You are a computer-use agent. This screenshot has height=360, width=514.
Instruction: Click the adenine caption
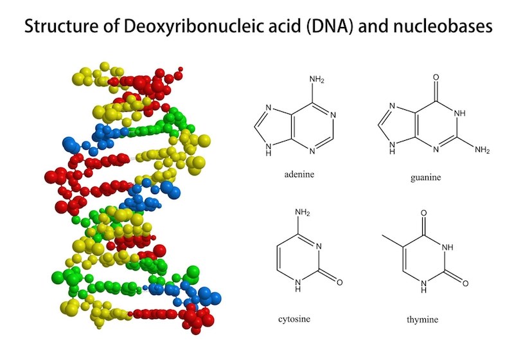pyautogui.click(x=299, y=174)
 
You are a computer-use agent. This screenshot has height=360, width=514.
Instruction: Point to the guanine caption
pyautogui.click(x=425, y=177)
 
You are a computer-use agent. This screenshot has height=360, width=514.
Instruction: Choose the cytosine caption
pyautogui.click(x=294, y=319)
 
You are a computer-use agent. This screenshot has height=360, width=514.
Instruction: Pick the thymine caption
pyautogui.click(x=422, y=319)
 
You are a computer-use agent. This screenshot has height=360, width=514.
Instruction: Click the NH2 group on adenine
pyautogui.click(x=317, y=80)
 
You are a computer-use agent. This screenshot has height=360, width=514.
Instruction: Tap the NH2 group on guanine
pyautogui.click(x=482, y=150)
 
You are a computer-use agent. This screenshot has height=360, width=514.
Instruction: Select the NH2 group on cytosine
pyautogui.click(x=302, y=212)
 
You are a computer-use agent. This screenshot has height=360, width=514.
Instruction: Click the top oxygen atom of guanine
pyautogui.click(x=436, y=77)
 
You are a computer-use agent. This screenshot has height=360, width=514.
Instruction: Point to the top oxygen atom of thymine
pyautogui.click(x=423, y=213)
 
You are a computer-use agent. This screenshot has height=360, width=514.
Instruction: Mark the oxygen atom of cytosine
pyautogui.click(x=340, y=282)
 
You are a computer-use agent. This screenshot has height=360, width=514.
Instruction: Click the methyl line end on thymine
pyautogui.click(x=382, y=235)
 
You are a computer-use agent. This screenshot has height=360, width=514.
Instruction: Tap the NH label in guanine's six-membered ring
pyautogui.click(x=459, y=113)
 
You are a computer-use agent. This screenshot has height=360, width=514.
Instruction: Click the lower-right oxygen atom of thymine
pyautogui.click(x=465, y=283)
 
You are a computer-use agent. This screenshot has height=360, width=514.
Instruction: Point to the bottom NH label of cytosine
pyautogui.click(x=297, y=285)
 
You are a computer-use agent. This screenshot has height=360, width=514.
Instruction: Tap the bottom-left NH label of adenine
pyautogui.click(x=269, y=150)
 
